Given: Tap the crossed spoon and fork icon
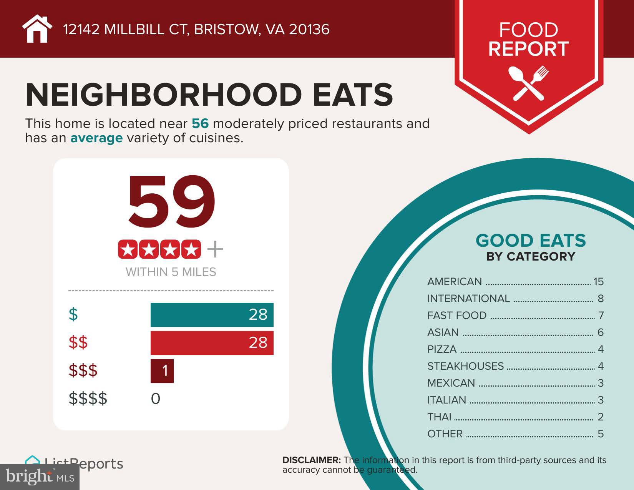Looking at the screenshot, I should pos(528,83).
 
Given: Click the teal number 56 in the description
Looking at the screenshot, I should pos(200,124).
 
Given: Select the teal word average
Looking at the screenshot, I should pos(96,138).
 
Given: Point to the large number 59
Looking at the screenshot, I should pos(171,201).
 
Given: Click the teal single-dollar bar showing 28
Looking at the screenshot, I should pos(212,315).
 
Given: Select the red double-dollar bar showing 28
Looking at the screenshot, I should pos(212,342).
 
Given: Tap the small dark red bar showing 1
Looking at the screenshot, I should pos(162,371).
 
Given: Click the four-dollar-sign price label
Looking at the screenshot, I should pos(88,399).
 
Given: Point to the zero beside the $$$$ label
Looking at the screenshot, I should pos(156,399).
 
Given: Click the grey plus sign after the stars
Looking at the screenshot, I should pos(215,250).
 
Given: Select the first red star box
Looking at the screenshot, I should pos(128,250).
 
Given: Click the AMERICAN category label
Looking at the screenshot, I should pos(455,282).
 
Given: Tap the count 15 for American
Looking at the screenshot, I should pos(598,282).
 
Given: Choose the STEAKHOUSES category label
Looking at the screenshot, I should pos(465,366).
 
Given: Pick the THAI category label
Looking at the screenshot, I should pos(439,417).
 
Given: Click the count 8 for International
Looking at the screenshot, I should pos(601,299).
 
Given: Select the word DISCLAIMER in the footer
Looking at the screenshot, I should pos(311,460).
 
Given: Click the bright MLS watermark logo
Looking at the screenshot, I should pos(40,477).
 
